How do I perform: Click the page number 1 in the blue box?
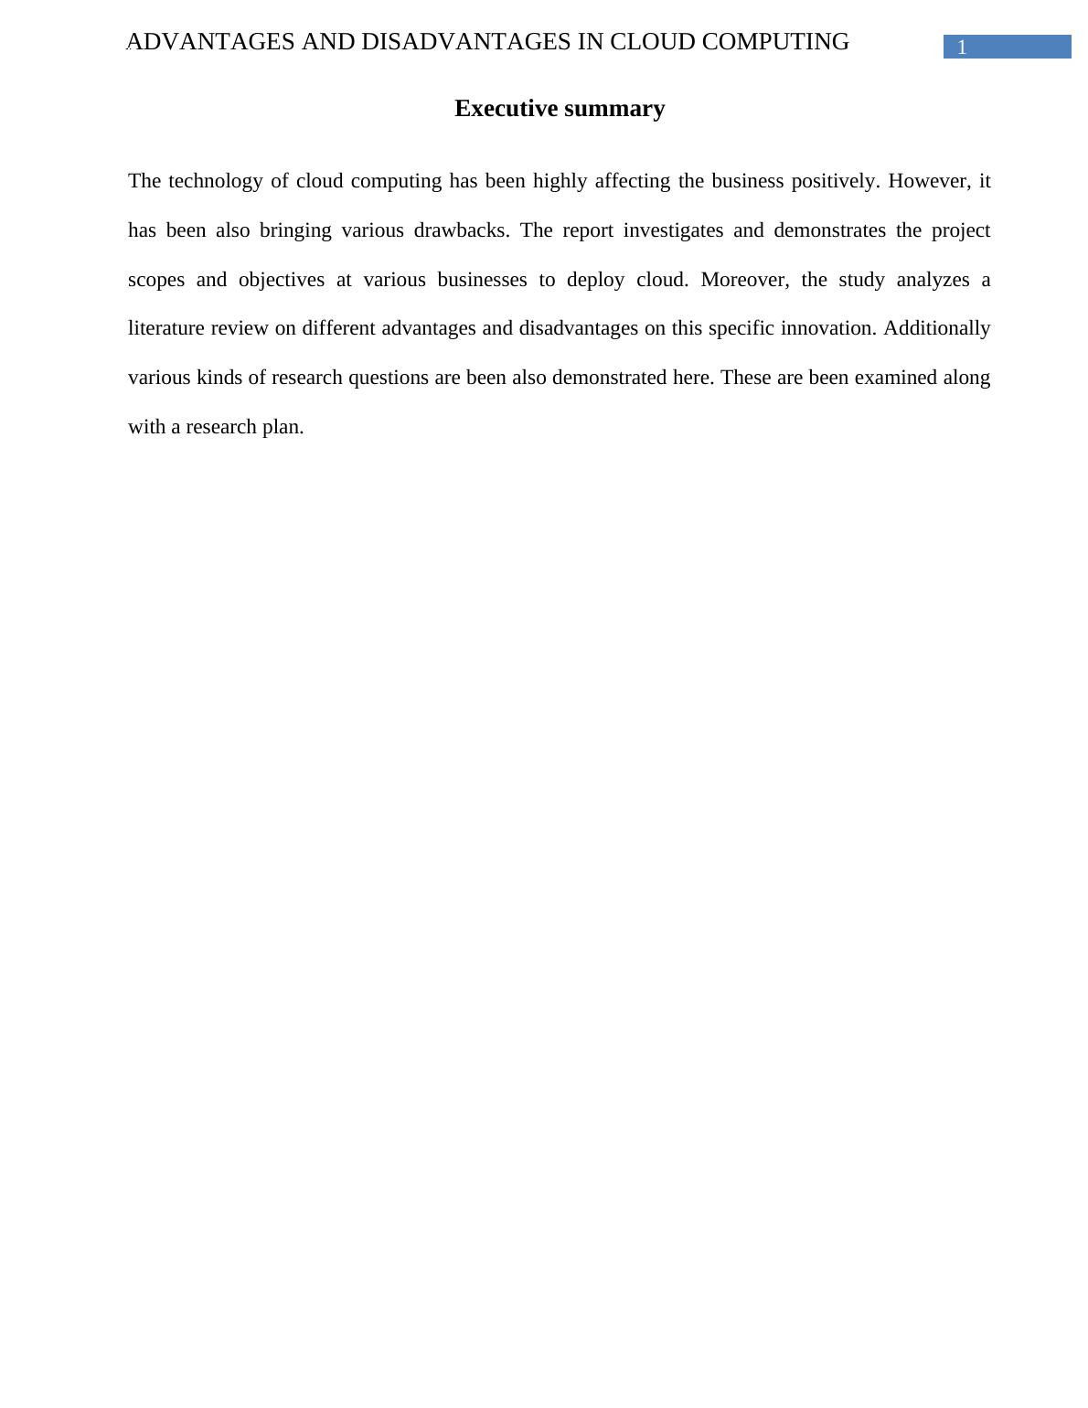point(962,48)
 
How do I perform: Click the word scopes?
point(156,280)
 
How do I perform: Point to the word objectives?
point(282,280)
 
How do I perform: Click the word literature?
point(166,328)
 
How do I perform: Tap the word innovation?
point(828,328)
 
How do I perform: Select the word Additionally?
point(936,328)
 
